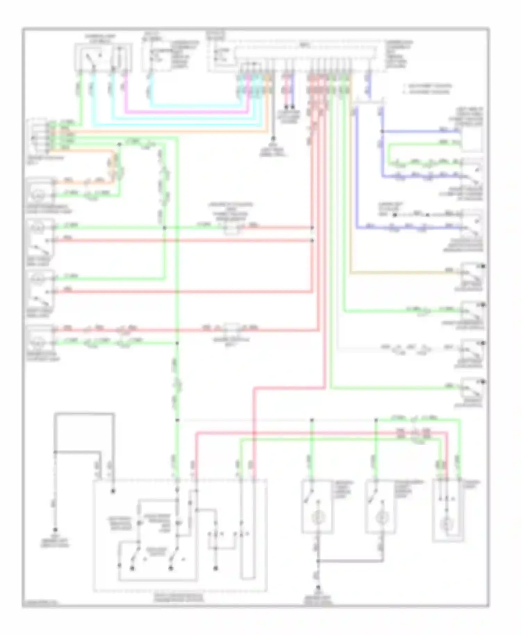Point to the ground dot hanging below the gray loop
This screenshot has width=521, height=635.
click(55, 530)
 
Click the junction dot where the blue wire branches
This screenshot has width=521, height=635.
click(382, 131)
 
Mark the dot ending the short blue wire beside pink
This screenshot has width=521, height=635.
click(293, 107)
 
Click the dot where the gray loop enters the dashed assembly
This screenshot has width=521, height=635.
click(113, 491)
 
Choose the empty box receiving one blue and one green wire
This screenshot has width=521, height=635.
click(471, 137)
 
